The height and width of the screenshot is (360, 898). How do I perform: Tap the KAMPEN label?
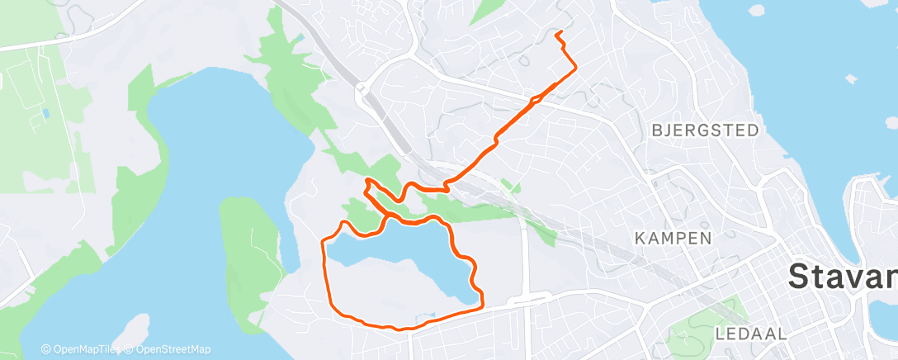click(673, 239)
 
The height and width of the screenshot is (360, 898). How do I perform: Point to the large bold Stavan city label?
click(843, 276)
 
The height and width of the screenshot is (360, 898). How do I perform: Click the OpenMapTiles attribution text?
click(80, 349)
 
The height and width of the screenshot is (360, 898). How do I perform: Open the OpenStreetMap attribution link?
click(168, 349)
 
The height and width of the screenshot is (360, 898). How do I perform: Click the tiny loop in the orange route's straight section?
click(536, 101)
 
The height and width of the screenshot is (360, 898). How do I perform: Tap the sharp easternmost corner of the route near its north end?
click(575, 69)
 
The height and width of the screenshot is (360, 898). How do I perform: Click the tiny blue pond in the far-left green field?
click(45, 113)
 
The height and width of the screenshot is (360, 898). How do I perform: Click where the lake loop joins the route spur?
click(386, 216)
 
